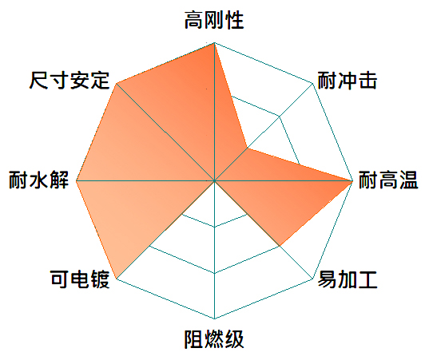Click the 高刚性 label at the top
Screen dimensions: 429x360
point(214,20)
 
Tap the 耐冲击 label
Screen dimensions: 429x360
point(348,81)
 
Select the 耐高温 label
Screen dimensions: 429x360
point(388,180)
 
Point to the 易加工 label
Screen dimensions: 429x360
point(348,279)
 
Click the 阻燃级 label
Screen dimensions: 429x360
point(214,339)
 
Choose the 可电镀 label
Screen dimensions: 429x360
point(80,279)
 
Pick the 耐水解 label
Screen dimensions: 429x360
point(38,180)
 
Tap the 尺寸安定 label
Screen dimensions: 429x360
point(70,81)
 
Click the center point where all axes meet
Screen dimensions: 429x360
point(214,180)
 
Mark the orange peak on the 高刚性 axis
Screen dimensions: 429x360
point(214,43)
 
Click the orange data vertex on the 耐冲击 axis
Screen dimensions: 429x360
point(248,148)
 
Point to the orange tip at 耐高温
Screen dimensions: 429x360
point(352,180)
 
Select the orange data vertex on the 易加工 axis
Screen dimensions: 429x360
point(280,246)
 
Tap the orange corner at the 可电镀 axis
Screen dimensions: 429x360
point(117,279)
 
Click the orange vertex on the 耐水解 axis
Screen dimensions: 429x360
point(77,180)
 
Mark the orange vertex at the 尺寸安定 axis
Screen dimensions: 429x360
point(117,83)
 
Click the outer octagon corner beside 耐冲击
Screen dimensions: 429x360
point(312,83)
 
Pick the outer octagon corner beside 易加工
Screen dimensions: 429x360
point(312,279)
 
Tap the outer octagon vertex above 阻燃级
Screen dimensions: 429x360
point(214,318)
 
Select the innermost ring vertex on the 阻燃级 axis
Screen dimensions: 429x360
point(214,227)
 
